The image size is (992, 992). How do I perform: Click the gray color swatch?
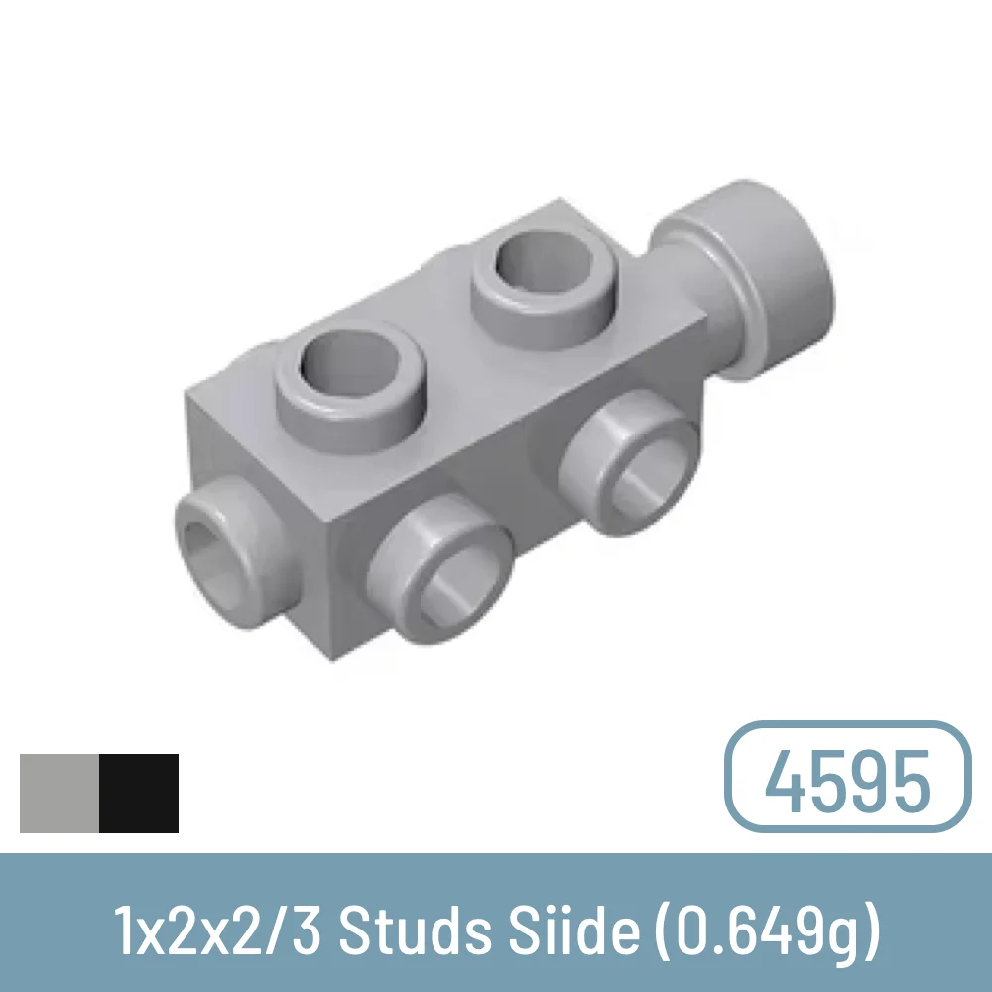coord(60,793)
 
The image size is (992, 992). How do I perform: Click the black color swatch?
coord(139,793)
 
